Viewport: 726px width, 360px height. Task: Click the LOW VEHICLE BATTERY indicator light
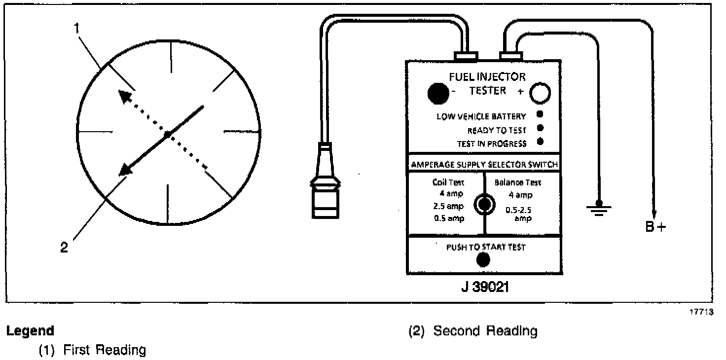540,114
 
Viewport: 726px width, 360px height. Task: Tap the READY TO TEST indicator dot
540,128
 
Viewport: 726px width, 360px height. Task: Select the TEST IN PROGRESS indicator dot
540,142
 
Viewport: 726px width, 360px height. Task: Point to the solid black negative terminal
438,93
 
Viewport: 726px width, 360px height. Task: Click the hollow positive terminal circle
540,93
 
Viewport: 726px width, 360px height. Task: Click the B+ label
655,227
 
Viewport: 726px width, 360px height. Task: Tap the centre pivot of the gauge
168,134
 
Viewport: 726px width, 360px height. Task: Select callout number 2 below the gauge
64,248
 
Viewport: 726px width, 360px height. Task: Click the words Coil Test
448,182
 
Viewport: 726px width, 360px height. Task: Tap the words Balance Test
517,182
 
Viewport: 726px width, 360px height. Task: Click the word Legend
30,330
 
